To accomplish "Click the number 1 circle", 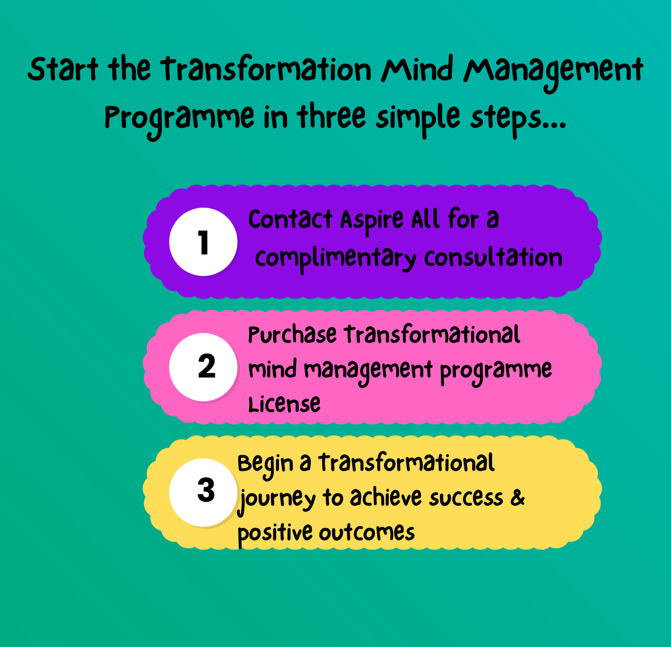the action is click(x=203, y=242).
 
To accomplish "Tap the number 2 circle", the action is click(x=203, y=367).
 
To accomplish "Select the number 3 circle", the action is click(x=203, y=492).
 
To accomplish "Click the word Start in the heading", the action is click(x=63, y=69).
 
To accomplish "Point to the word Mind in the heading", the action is click(x=417, y=69).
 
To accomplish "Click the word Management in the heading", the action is click(x=553, y=73).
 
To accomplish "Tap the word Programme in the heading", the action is click(x=179, y=121).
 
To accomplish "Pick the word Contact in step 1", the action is click(x=290, y=219).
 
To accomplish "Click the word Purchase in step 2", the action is click(x=292, y=335).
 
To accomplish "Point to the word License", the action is click(x=284, y=404).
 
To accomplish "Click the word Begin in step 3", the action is click(x=265, y=466).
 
